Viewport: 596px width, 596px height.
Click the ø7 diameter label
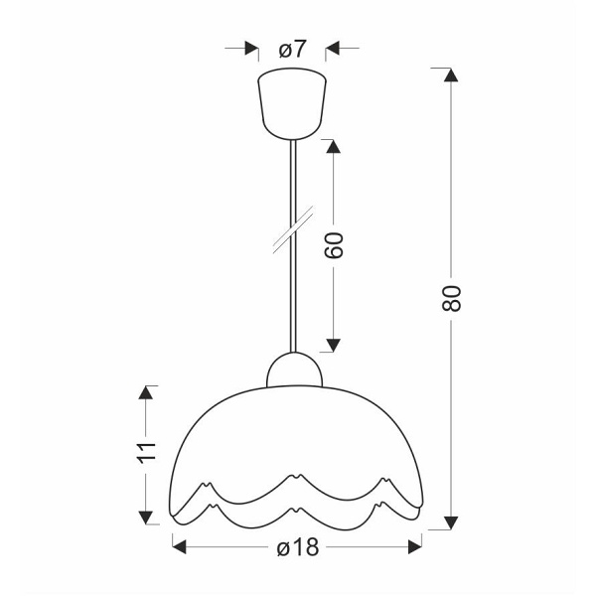[x=292, y=49]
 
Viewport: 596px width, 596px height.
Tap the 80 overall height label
[x=452, y=298]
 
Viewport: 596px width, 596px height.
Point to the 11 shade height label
[x=147, y=452]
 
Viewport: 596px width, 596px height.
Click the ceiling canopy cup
[x=292, y=101]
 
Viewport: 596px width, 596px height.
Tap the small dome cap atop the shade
[x=295, y=371]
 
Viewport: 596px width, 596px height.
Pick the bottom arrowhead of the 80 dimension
[x=452, y=521]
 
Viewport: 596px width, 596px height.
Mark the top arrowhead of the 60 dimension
[x=334, y=146]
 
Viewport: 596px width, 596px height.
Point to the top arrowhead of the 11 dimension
[x=147, y=392]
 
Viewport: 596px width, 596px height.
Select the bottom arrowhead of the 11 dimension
[x=147, y=517]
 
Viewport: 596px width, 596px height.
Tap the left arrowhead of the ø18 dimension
[x=180, y=544]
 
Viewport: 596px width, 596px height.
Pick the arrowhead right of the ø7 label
[x=334, y=48]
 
